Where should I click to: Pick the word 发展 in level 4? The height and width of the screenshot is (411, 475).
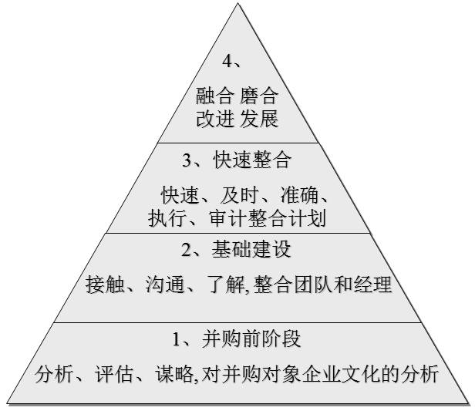pos(259,120)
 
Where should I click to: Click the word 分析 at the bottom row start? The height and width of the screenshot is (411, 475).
pos(54,375)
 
